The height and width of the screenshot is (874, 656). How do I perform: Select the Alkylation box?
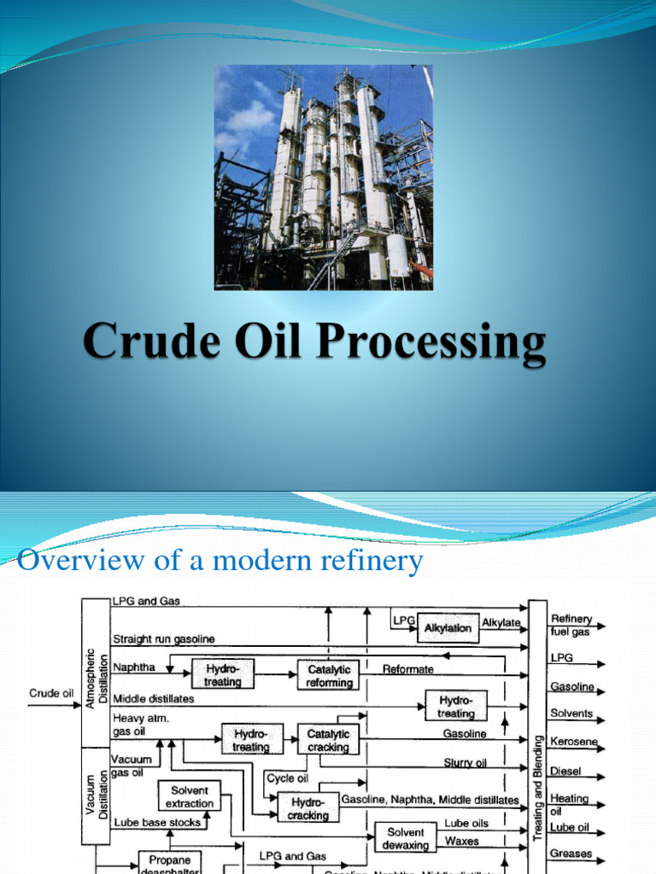448,627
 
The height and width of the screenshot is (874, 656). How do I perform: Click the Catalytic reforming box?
329,676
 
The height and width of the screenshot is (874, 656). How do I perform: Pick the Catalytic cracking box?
328,740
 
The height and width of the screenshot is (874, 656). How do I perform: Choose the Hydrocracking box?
308,807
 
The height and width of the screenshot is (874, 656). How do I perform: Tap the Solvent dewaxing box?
406,838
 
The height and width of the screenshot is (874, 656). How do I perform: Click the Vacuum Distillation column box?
95,794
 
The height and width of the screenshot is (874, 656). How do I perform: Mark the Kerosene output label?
573,742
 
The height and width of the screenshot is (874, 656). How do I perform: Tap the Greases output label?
571,853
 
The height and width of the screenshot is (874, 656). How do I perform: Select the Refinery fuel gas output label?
571,626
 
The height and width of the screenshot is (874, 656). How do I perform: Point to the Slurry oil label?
465,762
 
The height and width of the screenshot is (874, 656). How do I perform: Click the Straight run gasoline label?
163,638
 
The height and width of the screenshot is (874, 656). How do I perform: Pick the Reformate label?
407,669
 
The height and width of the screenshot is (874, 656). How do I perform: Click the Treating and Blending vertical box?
537,734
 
